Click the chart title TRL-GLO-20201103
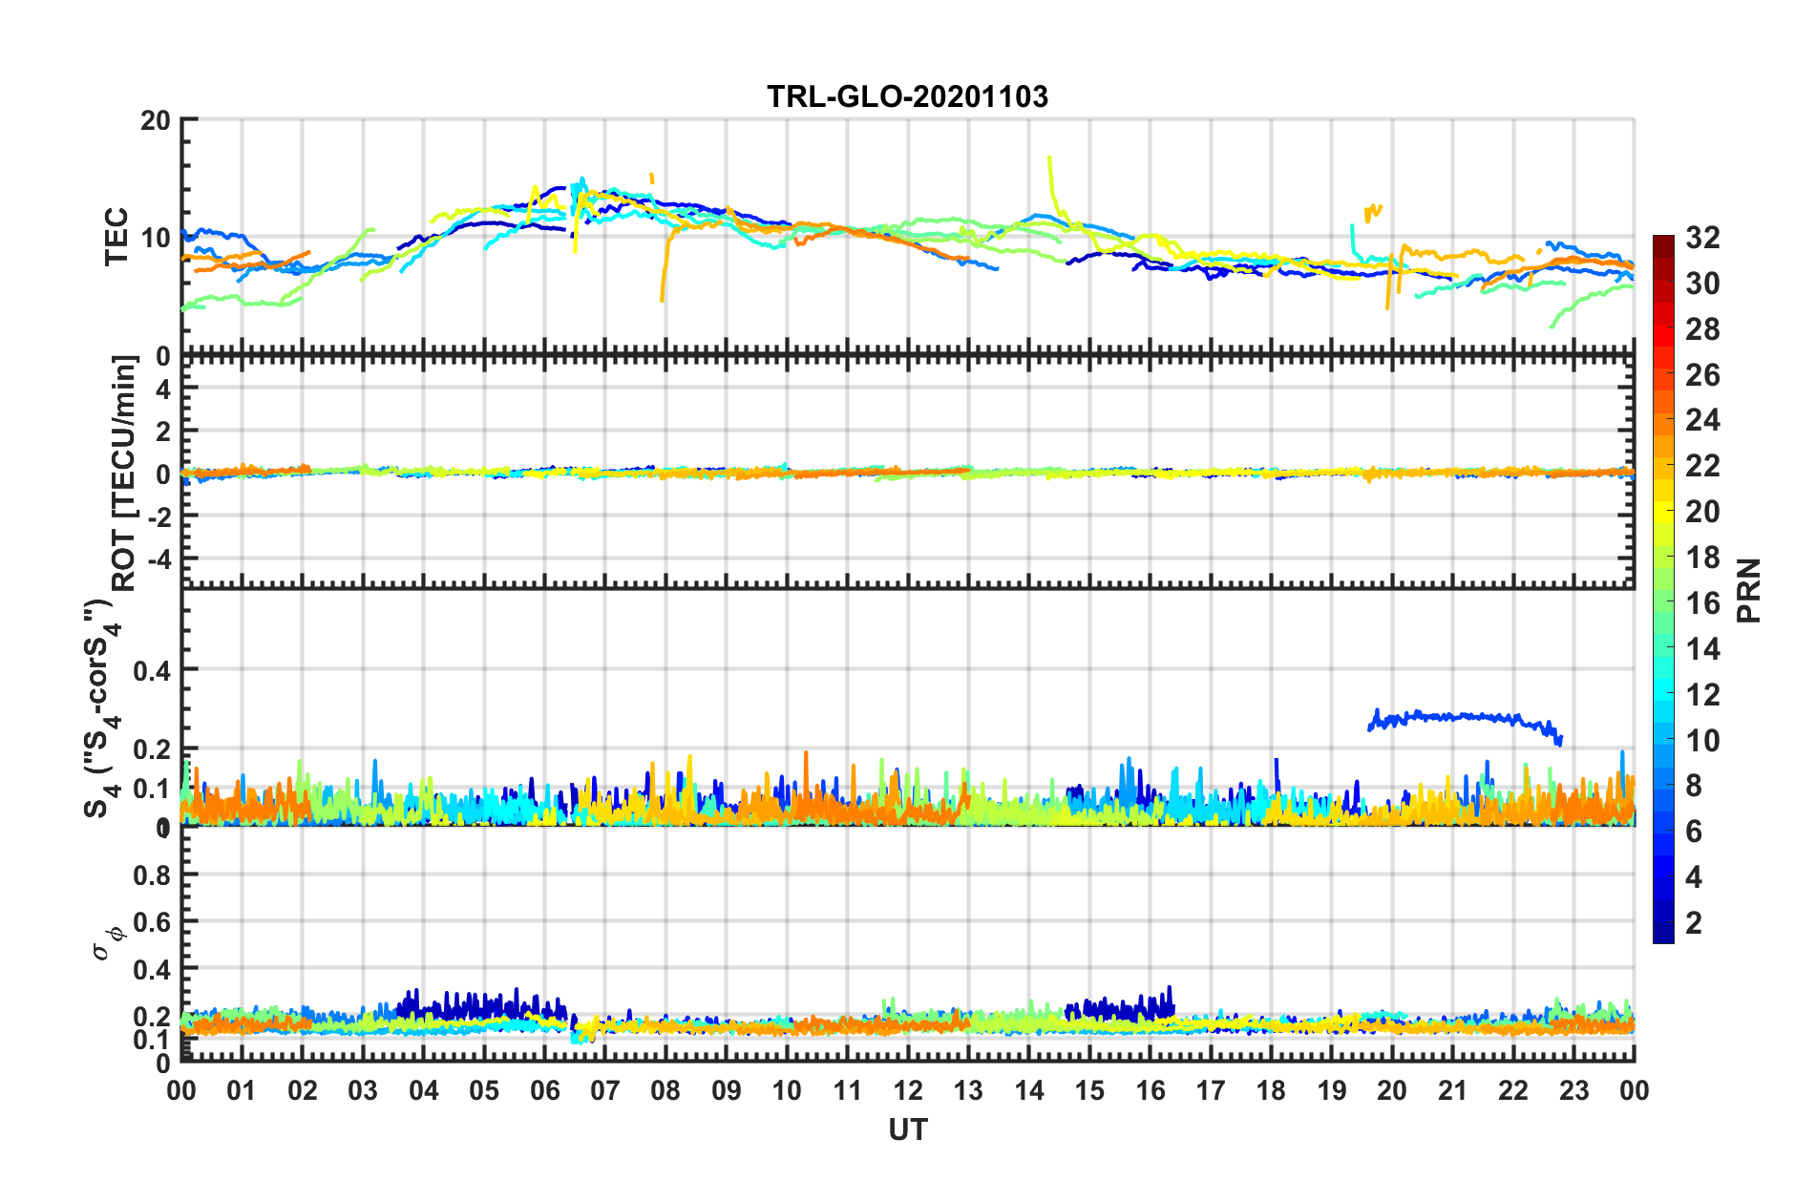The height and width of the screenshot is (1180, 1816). click(907, 96)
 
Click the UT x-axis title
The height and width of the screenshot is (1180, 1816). click(907, 1130)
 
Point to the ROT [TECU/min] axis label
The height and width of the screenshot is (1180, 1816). click(123, 473)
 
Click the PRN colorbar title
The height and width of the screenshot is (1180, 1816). click(1748, 590)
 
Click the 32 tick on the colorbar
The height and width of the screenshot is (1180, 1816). click(1702, 238)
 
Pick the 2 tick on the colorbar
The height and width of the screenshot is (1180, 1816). click(1694, 922)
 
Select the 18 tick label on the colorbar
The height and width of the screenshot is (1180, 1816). click(1702, 558)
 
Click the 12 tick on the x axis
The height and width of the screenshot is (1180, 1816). click(908, 1090)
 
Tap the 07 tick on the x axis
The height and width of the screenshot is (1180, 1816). click(605, 1090)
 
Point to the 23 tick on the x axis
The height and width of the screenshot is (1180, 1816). click(1573, 1090)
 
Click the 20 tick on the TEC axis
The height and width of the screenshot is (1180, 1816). click(156, 120)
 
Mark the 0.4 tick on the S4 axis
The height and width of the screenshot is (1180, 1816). click(152, 670)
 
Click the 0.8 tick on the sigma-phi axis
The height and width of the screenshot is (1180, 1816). click(152, 874)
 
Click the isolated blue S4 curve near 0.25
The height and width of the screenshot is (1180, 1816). click(1461, 716)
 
